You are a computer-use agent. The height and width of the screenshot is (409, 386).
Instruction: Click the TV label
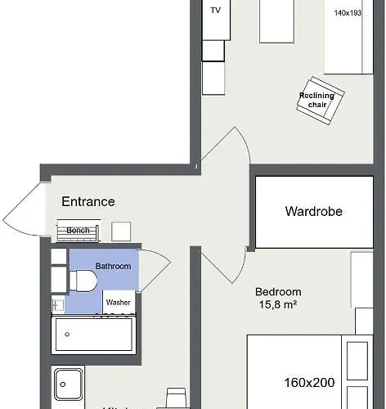click(216, 11)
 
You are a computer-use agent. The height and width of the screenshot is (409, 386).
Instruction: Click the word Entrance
click(88, 201)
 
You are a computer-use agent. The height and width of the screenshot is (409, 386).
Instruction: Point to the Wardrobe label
click(313, 211)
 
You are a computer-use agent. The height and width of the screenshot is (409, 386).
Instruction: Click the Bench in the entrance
click(78, 231)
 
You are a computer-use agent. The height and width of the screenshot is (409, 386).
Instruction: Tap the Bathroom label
click(113, 266)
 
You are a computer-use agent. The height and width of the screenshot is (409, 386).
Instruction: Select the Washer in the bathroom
click(118, 302)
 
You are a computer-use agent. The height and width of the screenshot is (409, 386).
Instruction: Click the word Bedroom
click(278, 292)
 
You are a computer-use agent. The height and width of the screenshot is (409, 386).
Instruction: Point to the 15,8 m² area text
click(278, 307)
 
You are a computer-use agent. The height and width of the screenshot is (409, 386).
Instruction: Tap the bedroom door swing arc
click(222, 263)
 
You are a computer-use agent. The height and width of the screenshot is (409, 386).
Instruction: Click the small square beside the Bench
click(121, 231)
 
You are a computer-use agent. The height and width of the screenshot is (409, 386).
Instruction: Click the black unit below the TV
click(213, 50)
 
